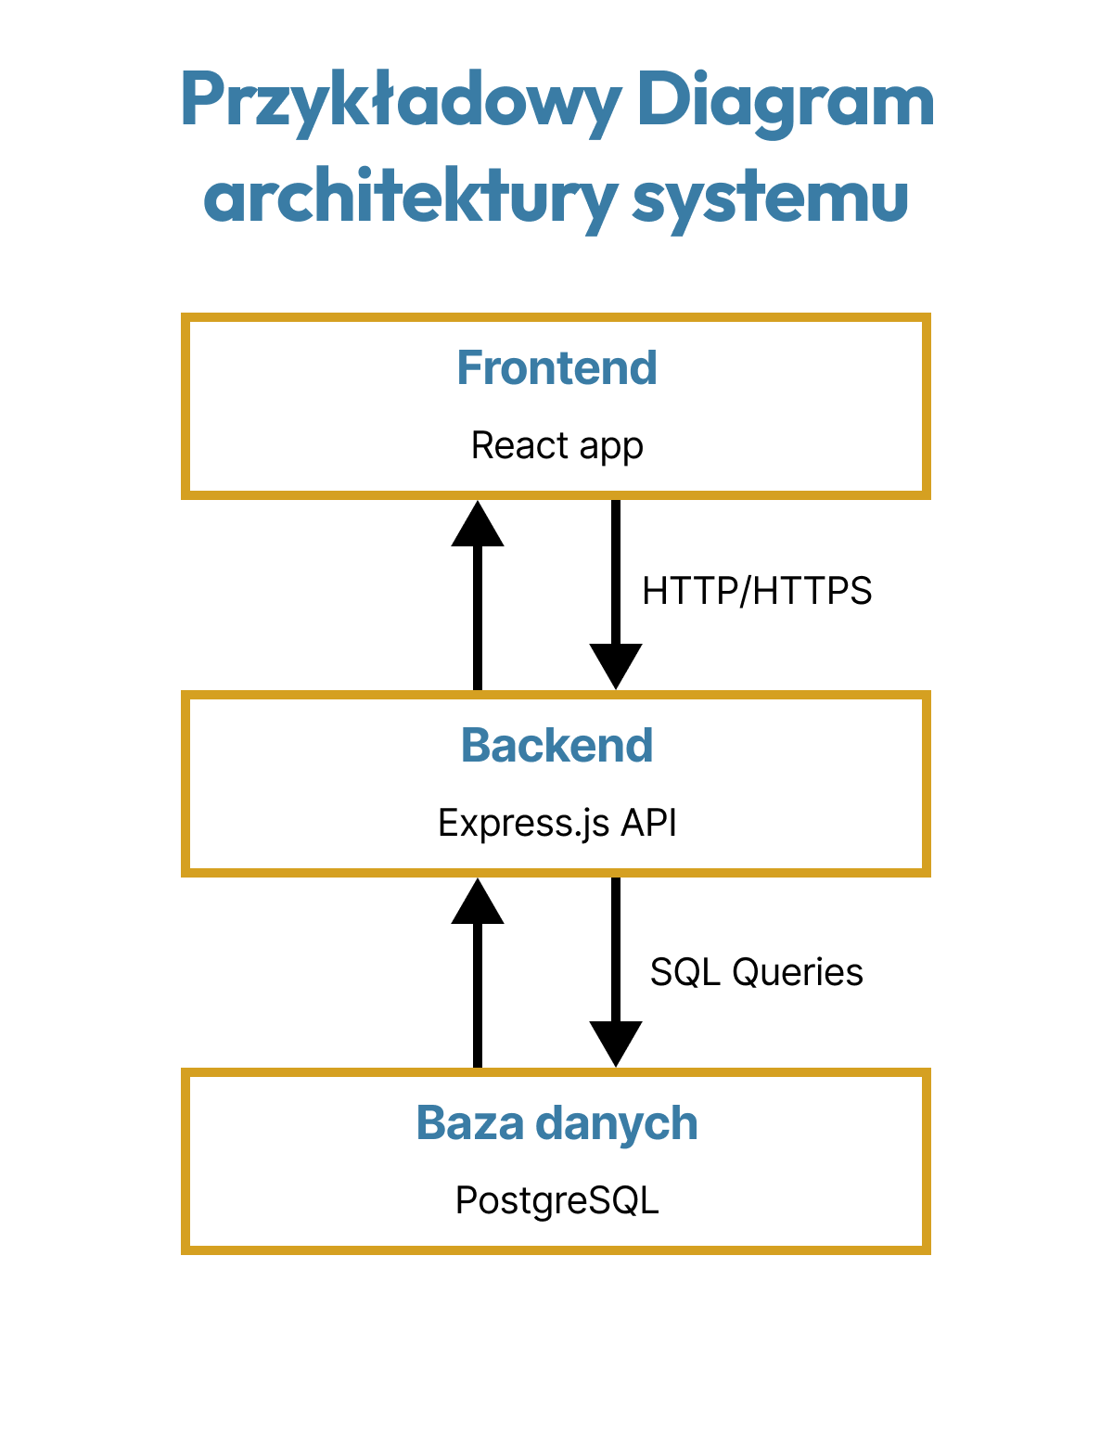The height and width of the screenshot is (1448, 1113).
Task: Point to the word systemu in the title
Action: [x=770, y=197]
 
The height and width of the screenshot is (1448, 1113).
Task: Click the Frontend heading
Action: [x=556, y=368]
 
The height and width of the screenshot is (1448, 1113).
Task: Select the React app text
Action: [x=556, y=446]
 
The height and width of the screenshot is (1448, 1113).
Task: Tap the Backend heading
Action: [x=556, y=746]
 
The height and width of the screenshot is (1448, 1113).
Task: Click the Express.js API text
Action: [x=556, y=823]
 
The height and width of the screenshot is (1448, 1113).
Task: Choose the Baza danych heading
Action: [x=556, y=1123]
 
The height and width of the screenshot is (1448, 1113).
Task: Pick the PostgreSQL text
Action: [x=556, y=1200]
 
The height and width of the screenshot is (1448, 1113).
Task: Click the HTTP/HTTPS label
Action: [x=757, y=591]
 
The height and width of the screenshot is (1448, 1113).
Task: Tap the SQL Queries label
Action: [x=756, y=972]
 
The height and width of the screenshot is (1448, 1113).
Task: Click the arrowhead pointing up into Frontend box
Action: [x=478, y=525]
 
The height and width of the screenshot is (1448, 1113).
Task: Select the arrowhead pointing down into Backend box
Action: [x=616, y=666]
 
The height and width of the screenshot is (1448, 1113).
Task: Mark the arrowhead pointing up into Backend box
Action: [x=478, y=903]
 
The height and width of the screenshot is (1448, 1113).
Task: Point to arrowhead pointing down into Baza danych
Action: [x=616, y=1044]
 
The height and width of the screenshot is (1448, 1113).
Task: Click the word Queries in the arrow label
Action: [x=797, y=972]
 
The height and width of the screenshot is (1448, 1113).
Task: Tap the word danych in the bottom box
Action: [x=616, y=1123]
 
